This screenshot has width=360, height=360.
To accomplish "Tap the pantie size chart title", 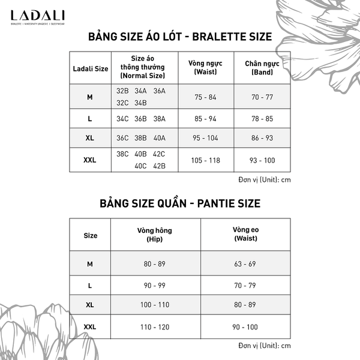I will point(180,203).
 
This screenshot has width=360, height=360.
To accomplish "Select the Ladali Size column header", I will point(90,68).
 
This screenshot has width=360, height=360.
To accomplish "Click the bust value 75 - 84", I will point(205,97).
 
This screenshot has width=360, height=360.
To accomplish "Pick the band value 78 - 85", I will point(262,119).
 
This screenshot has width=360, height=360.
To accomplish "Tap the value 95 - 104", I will point(205,138).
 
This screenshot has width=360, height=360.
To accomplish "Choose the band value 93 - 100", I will point(262,160).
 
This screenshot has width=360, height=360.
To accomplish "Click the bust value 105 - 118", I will point(205,160).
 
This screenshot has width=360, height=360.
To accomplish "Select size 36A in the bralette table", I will point(159,91).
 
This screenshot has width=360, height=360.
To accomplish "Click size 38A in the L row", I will point(159,119).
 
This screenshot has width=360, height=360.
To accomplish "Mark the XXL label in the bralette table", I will point(90,160).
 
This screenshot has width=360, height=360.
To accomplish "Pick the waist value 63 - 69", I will point(245,263).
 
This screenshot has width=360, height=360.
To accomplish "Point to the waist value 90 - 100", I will point(245,326).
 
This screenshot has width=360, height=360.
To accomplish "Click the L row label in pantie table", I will point(90,284).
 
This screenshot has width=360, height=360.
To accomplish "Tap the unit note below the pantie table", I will point(264,346).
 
